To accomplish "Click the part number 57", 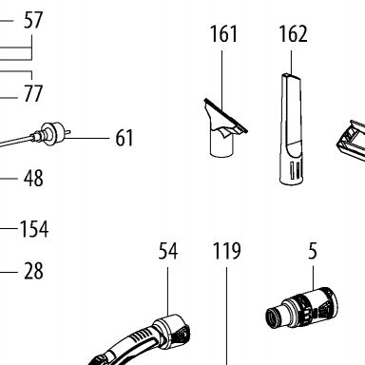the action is pos(33,20).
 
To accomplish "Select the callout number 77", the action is pos(33,93).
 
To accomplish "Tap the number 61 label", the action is pos(125,138).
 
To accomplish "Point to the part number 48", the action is pos(33,178).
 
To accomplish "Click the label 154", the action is pos(34,229).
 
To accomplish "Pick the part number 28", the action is pos(33,271).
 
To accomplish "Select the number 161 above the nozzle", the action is pos(223,34).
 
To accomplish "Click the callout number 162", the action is pos(293,34).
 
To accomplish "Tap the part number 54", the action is pos(168,251).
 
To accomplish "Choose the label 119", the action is pos(226,251).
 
